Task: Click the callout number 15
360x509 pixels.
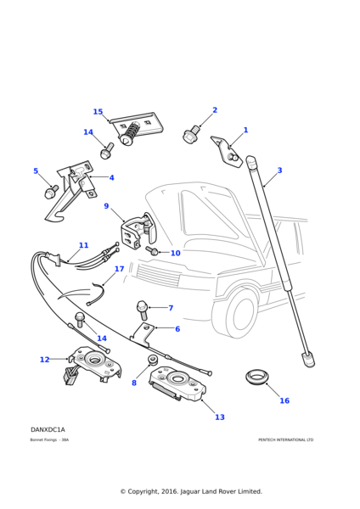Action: click(x=98, y=112)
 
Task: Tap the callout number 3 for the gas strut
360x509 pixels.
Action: click(x=279, y=171)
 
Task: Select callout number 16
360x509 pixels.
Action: click(x=284, y=400)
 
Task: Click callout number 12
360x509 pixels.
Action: click(x=44, y=360)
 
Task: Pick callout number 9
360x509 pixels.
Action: click(x=106, y=206)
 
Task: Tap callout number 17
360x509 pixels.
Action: click(x=120, y=269)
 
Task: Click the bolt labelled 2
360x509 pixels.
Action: click(x=191, y=134)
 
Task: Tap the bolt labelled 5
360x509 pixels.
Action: click(x=51, y=193)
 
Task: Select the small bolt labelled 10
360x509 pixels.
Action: click(x=153, y=251)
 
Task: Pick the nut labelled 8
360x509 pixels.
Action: click(x=153, y=360)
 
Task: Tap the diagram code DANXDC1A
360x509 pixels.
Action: click(x=48, y=430)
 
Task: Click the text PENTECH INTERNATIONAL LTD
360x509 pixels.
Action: click(x=285, y=439)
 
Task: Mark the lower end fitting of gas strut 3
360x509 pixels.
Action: click(x=307, y=359)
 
